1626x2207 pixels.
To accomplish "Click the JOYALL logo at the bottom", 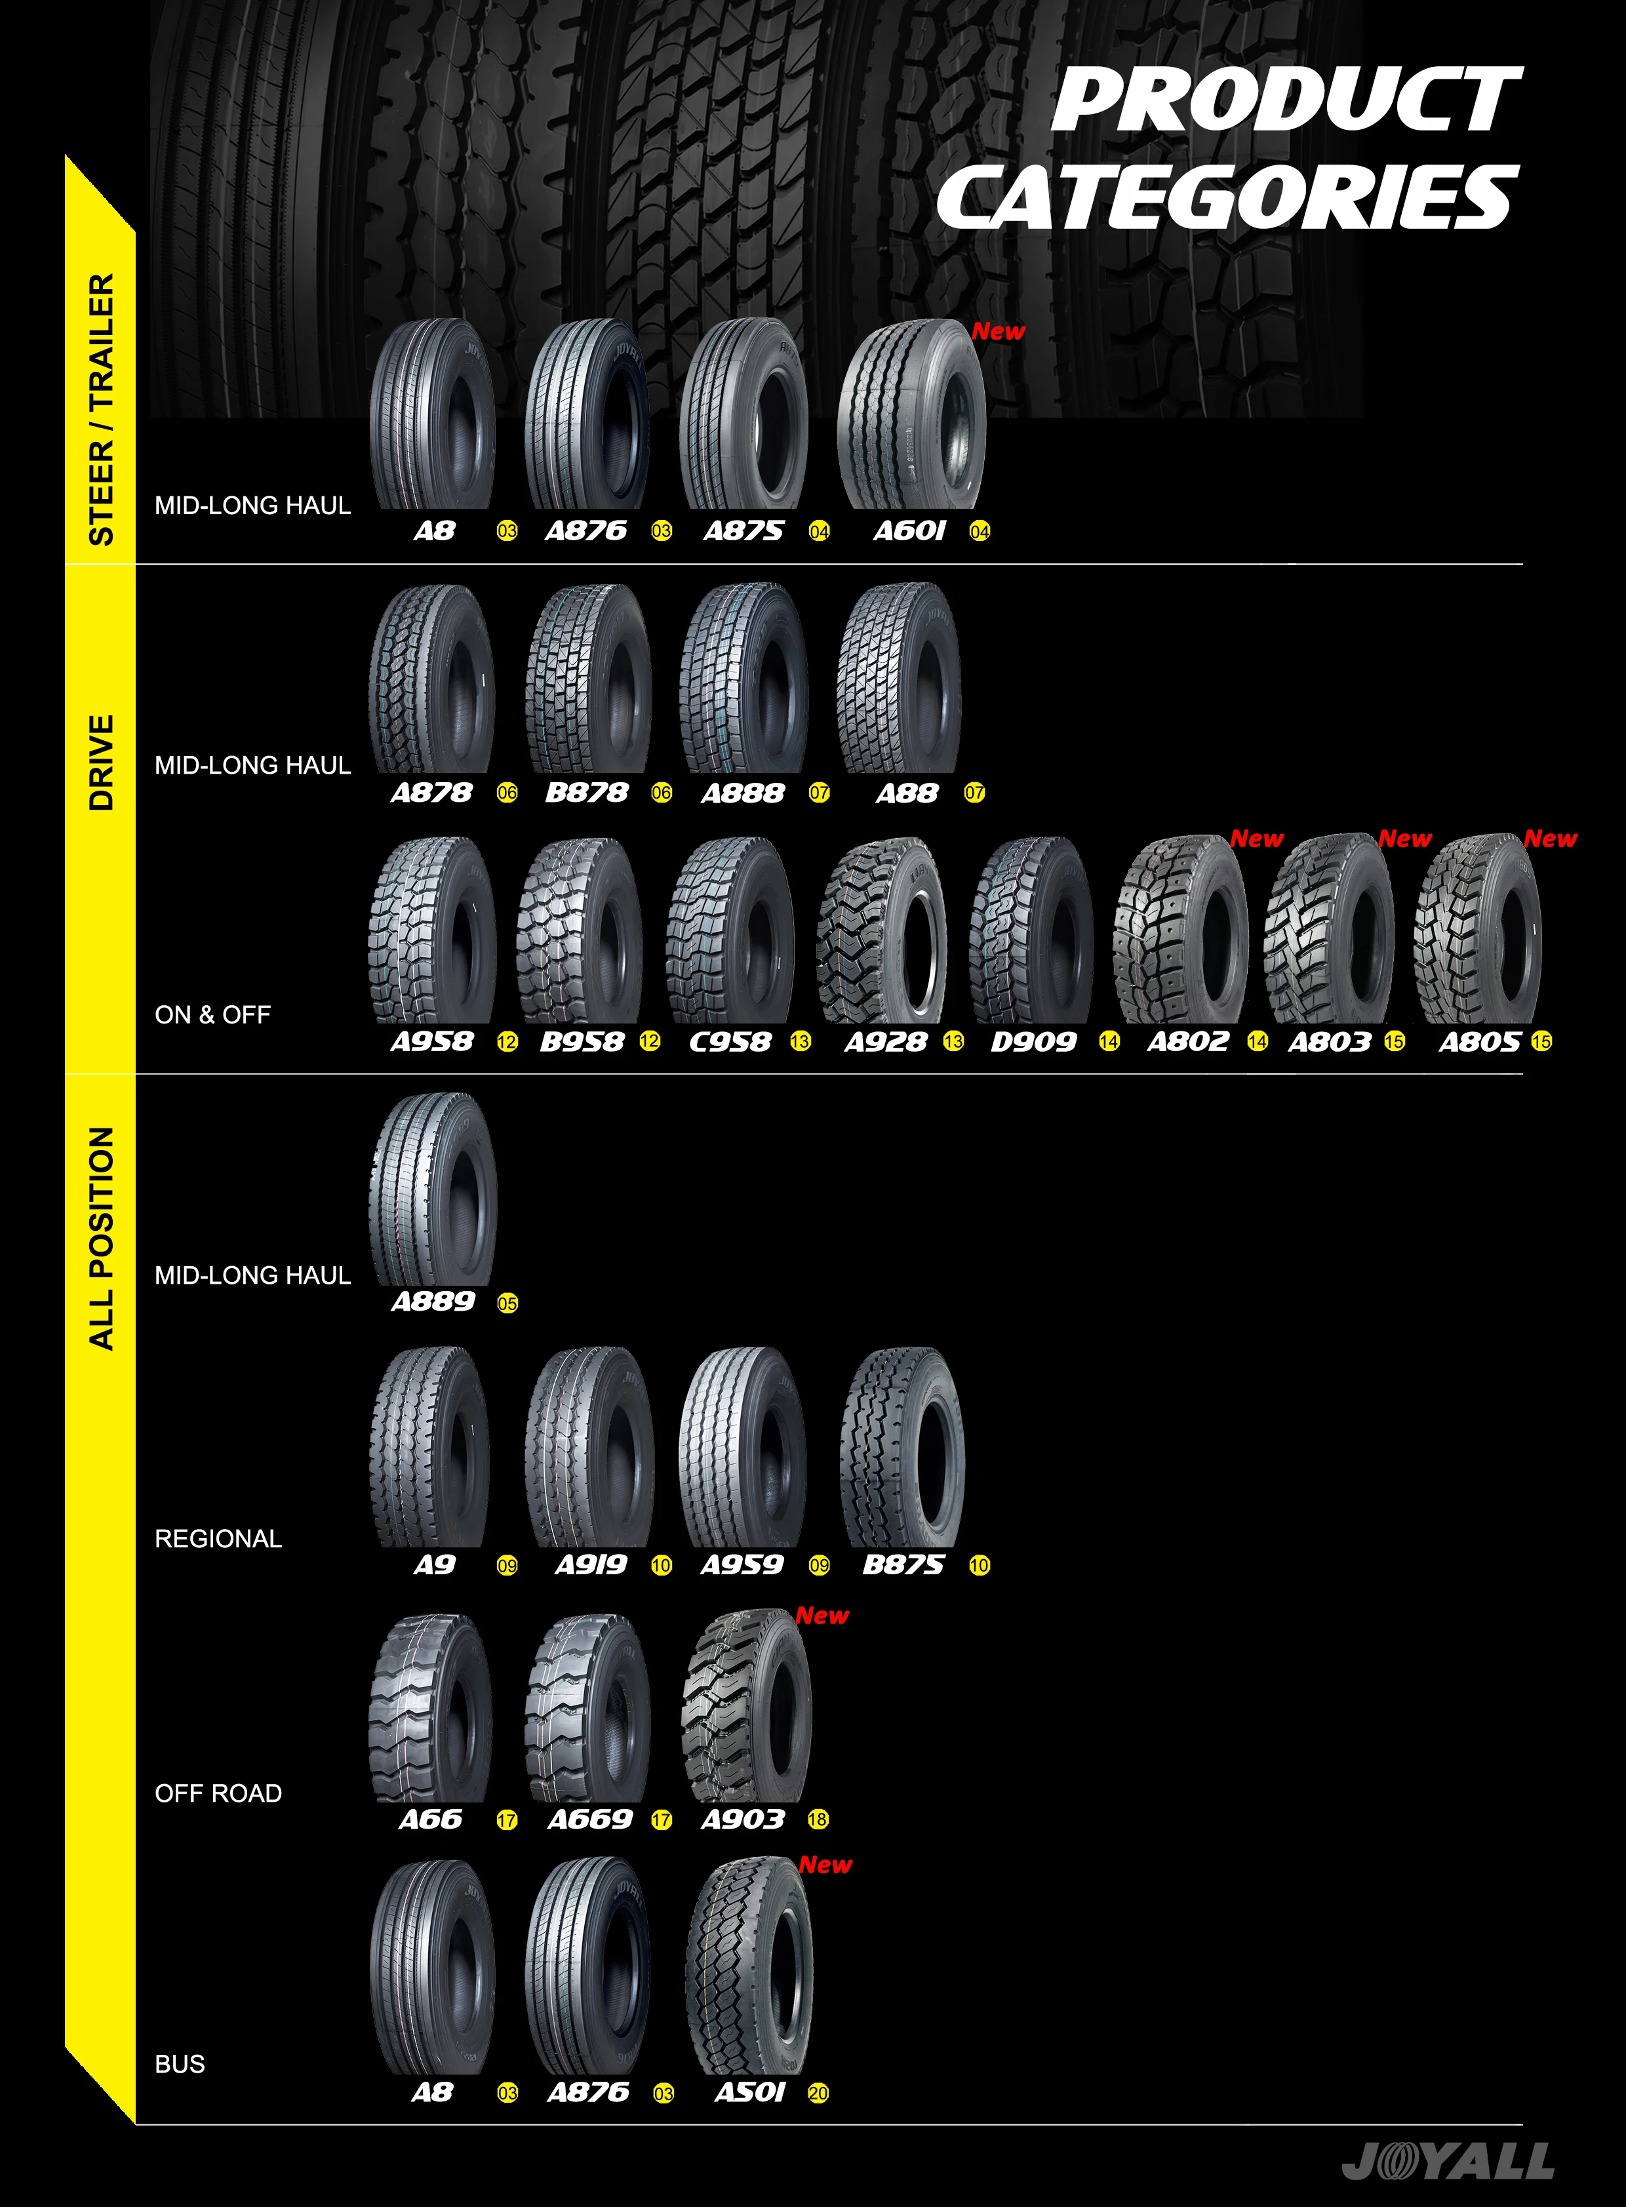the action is click(x=1447, y=2160).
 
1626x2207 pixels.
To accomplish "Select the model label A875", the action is click(x=743, y=532).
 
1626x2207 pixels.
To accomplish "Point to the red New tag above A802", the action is click(x=1257, y=839).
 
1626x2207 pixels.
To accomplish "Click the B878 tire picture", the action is click(x=587, y=679).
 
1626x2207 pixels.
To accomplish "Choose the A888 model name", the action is click(x=743, y=793).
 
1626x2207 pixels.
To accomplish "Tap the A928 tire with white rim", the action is click(x=882, y=931).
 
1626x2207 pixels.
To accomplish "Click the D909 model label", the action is click(x=1033, y=1041).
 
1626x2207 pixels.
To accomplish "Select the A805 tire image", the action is click(x=1478, y=931).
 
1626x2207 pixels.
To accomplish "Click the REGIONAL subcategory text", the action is click(x=218, y=1539).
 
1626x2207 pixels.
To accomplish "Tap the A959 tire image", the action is click(x=743, y=1447).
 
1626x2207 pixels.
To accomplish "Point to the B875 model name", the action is click(x=903, y=1565).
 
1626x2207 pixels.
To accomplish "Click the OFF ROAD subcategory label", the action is click(x=218, y=1793).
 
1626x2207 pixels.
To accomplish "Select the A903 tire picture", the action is click(x=746, y=1708).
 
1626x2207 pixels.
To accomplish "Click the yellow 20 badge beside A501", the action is click(x=818, y=2094).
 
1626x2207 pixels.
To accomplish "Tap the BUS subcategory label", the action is click(x=180, y=2064).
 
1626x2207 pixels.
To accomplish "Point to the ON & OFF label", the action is click(x=212, y=1015).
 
